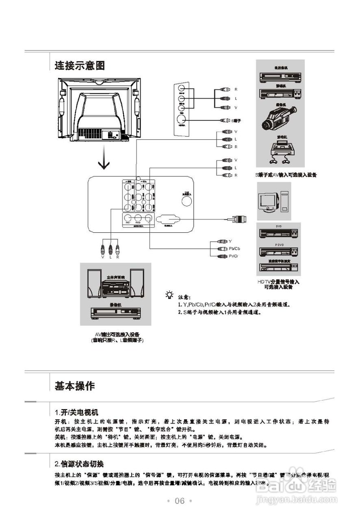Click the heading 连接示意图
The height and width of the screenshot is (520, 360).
[x=80, y=65]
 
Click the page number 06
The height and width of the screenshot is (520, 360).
[x=180, y=501]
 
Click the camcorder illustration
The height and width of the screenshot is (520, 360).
[x=280, y=116]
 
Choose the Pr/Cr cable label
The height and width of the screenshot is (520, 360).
[x=234, y=256]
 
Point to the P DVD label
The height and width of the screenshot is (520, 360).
[x=279, y=245]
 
